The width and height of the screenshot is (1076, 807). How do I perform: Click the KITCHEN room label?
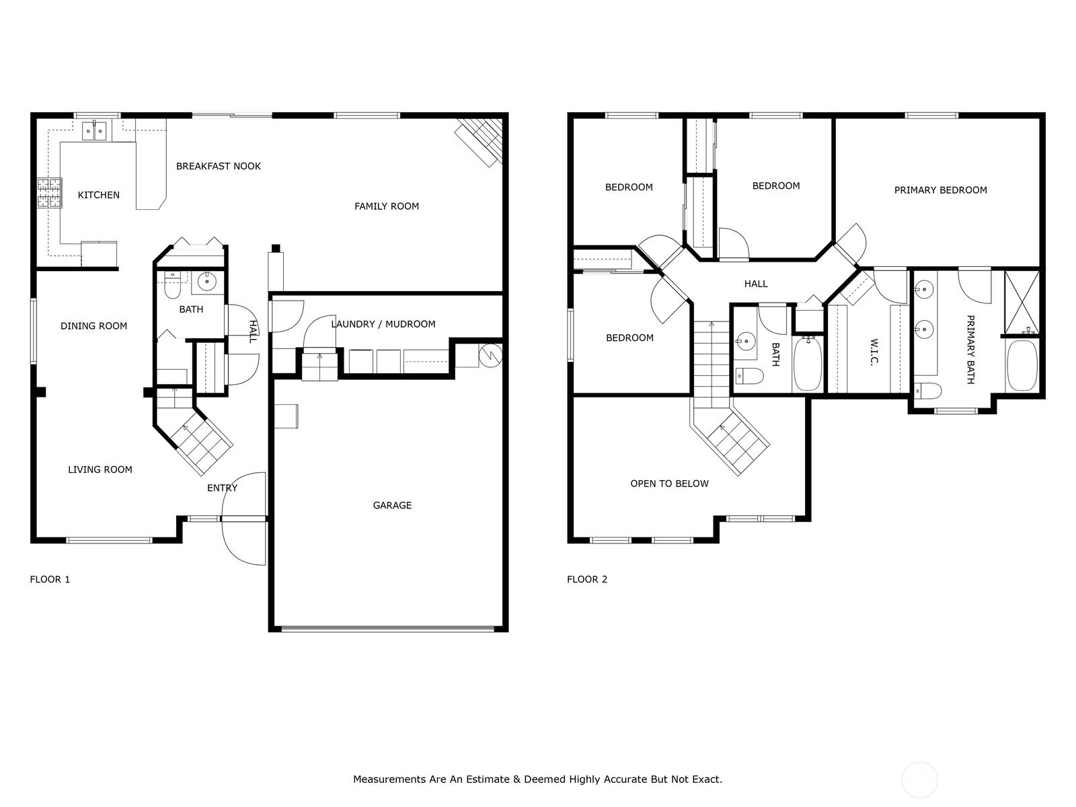[x=99, y=195]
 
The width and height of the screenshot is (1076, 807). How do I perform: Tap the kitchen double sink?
[x=94, y=131]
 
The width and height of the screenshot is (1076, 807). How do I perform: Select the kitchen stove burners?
[x=50, y=193]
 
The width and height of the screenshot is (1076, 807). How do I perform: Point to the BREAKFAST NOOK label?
[x=219, y=166]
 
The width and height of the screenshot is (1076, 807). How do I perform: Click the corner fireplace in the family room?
[x=479, y=142]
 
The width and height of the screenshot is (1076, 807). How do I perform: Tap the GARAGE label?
[x=392, y=505]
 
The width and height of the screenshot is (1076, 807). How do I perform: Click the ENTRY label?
[x=222, y=488]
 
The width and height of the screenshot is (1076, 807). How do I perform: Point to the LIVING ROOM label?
[x=100, y=469]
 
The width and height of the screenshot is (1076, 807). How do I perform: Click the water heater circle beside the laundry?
[x=491, y=356]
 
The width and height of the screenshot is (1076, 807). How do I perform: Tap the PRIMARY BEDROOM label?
[x=941, y=190]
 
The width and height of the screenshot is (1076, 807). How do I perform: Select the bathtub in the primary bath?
[x=1022, y=366]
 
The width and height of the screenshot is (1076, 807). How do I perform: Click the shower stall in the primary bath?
[x=1022, y=303]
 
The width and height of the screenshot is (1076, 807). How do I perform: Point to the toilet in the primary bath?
[x=928, y=391]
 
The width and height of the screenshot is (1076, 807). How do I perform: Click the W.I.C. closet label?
[x=874, y=352]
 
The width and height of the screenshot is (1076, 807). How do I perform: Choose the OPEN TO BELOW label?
[x=669, y=484]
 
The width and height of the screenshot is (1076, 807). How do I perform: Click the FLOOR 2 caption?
[x=587, y=579]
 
